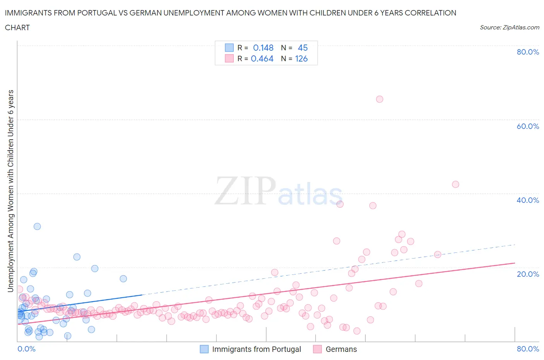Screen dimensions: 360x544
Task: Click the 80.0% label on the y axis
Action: [x=528, y=52]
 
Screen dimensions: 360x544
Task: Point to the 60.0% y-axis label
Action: [x=528, y=126]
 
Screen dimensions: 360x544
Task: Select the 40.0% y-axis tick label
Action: [x=528, y=200]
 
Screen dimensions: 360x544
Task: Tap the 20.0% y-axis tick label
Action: [x=528, y=274]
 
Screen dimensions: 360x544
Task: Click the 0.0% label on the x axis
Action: [x=26, y=349]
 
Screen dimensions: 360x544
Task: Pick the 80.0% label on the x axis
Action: [x=528, y=349]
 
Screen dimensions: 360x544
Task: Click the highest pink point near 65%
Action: [x=380, y=99]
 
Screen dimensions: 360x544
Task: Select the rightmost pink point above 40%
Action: [x=455, y=184]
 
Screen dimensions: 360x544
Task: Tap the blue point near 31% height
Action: [x=37, y=226]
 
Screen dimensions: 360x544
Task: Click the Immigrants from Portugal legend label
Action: [x=257, y=349]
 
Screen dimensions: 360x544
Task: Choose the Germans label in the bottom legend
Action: [x=341, y=349]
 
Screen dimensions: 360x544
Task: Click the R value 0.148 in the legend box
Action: [x=263, y=48]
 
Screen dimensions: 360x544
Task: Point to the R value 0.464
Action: [x=262, y=58]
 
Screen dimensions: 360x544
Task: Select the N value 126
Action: [x=301, y=58]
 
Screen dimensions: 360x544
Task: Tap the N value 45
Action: [x=303, y=48]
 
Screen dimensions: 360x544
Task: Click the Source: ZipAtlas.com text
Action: [x=509, y=27]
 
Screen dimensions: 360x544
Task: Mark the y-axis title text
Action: [x=10, y=191]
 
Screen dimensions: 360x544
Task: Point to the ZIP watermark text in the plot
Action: [x=245, y=191]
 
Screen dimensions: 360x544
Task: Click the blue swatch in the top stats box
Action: [x=229, y=48]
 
